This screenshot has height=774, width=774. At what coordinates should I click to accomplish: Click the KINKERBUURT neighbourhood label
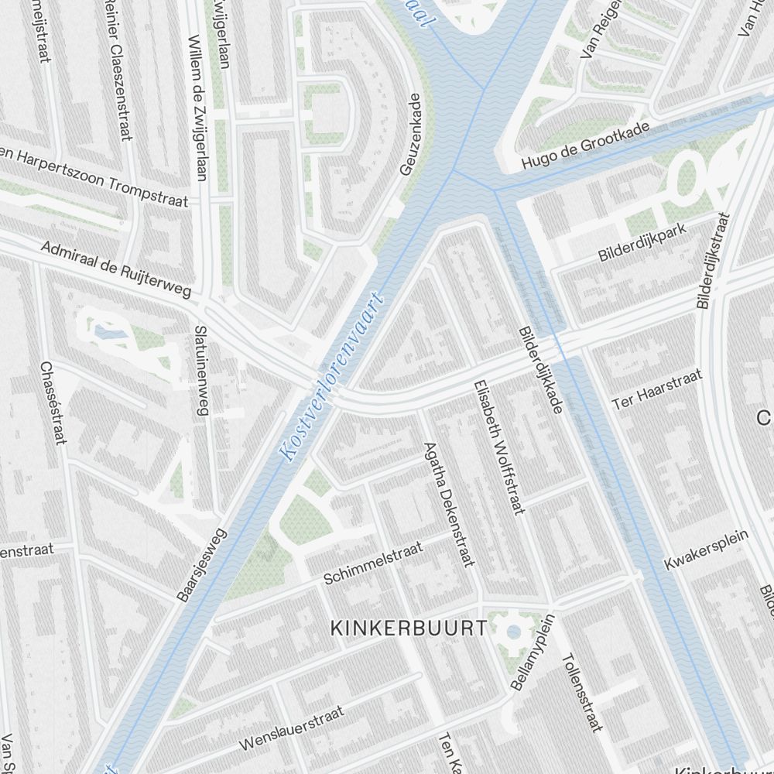coord(409,628)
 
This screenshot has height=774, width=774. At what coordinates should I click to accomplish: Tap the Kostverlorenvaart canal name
coord(334,377)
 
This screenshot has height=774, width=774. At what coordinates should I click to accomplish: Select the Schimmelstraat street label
coord(373,563)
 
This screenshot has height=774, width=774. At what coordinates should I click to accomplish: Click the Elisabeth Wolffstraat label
coord(499,447)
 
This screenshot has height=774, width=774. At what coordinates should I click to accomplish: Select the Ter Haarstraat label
coord(657,389)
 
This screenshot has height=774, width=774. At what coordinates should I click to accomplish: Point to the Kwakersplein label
coord(707,550)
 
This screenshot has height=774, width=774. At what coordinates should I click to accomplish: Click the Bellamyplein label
coord(533,652)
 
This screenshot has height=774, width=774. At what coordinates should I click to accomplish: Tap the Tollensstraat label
coord(581,692)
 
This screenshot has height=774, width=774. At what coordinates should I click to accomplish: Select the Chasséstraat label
coord(51,402)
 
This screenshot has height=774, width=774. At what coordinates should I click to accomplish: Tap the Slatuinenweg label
coord(203,370)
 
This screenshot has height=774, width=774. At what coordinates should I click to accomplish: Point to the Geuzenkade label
coord(410,135)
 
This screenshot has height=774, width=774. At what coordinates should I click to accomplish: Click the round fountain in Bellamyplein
coord(513,632)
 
